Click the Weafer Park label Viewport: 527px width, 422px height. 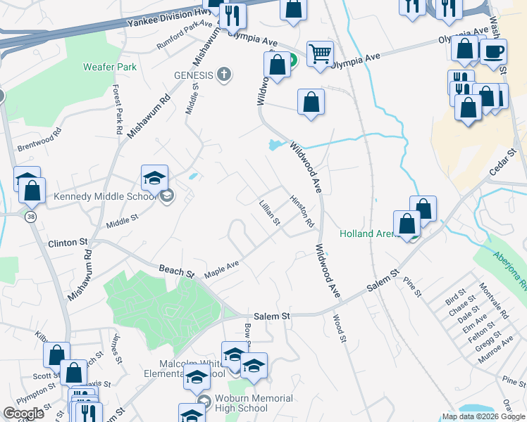point(108,67)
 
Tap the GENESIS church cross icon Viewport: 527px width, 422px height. point(224,75)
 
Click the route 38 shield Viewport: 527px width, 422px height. point(30,217)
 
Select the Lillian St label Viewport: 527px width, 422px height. point(270,212)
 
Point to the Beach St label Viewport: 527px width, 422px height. point(175,270)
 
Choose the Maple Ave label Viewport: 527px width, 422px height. point(222,269)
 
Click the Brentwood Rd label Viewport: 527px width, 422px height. point(39,134)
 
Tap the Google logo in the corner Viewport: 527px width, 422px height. point(24,414)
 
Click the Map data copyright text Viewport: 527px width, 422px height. point(484,416)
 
